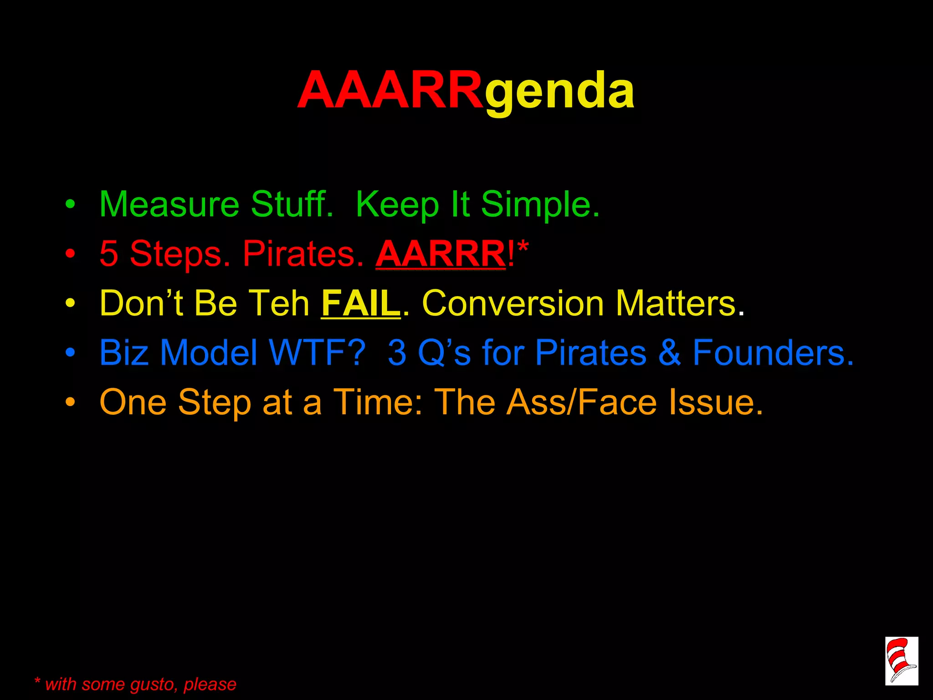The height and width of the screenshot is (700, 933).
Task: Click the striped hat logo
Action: point(901,661)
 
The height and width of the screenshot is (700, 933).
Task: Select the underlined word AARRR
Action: point(440,254)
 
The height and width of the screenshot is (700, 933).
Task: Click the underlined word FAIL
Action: point(360,303)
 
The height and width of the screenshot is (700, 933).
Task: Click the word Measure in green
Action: point(169,205)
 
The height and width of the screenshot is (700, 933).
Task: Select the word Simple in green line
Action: point(540,205)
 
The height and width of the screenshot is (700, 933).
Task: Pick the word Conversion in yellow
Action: point(513,303)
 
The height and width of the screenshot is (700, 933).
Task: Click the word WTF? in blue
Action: point(318,353)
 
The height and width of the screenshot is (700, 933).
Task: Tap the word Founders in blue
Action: point(772,353)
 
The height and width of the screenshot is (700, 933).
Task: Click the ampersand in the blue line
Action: point(670,353)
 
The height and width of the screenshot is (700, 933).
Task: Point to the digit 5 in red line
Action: point(108,254)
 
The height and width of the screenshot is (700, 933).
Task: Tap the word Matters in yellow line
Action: point(679,303)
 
